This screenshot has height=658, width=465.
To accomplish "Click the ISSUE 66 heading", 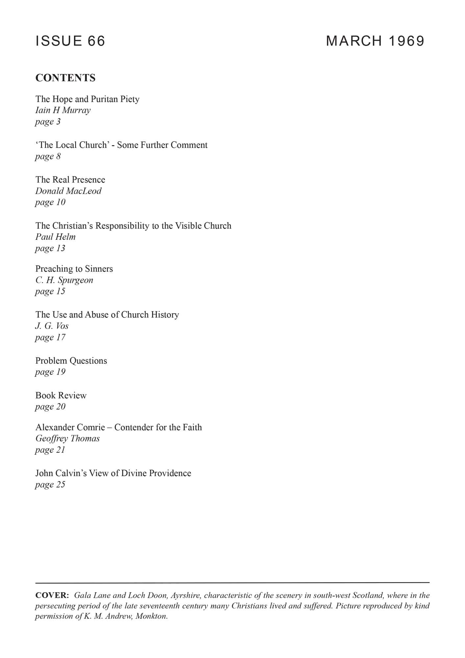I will (70, 41).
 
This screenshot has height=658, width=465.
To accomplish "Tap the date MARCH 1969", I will (375, 41).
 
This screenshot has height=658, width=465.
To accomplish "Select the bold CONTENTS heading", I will (65, 78).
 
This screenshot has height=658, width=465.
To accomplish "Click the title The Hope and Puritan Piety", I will (87, 99).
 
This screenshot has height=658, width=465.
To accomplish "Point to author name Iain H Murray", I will (63, 110).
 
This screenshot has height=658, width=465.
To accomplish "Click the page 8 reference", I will (48, 156).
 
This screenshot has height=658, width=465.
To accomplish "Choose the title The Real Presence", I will (70, 180).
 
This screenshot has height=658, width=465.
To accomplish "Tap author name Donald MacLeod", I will (68, 191).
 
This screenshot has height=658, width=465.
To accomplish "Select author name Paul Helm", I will (55, 237).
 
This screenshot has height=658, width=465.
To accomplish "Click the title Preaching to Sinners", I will (74, 269).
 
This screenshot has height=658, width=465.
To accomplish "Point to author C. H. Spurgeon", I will (64, 280).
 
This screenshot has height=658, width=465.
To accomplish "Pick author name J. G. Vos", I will (52, 326).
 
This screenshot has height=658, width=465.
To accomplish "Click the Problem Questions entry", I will (71, 361).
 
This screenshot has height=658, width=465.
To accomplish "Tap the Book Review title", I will (61, 395).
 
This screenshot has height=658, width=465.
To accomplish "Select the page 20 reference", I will (50, 407).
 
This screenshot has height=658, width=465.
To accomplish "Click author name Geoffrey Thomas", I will (67, 439).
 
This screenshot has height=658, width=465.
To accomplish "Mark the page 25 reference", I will (50, 485).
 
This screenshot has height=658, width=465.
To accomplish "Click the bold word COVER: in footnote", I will (52, 595).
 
